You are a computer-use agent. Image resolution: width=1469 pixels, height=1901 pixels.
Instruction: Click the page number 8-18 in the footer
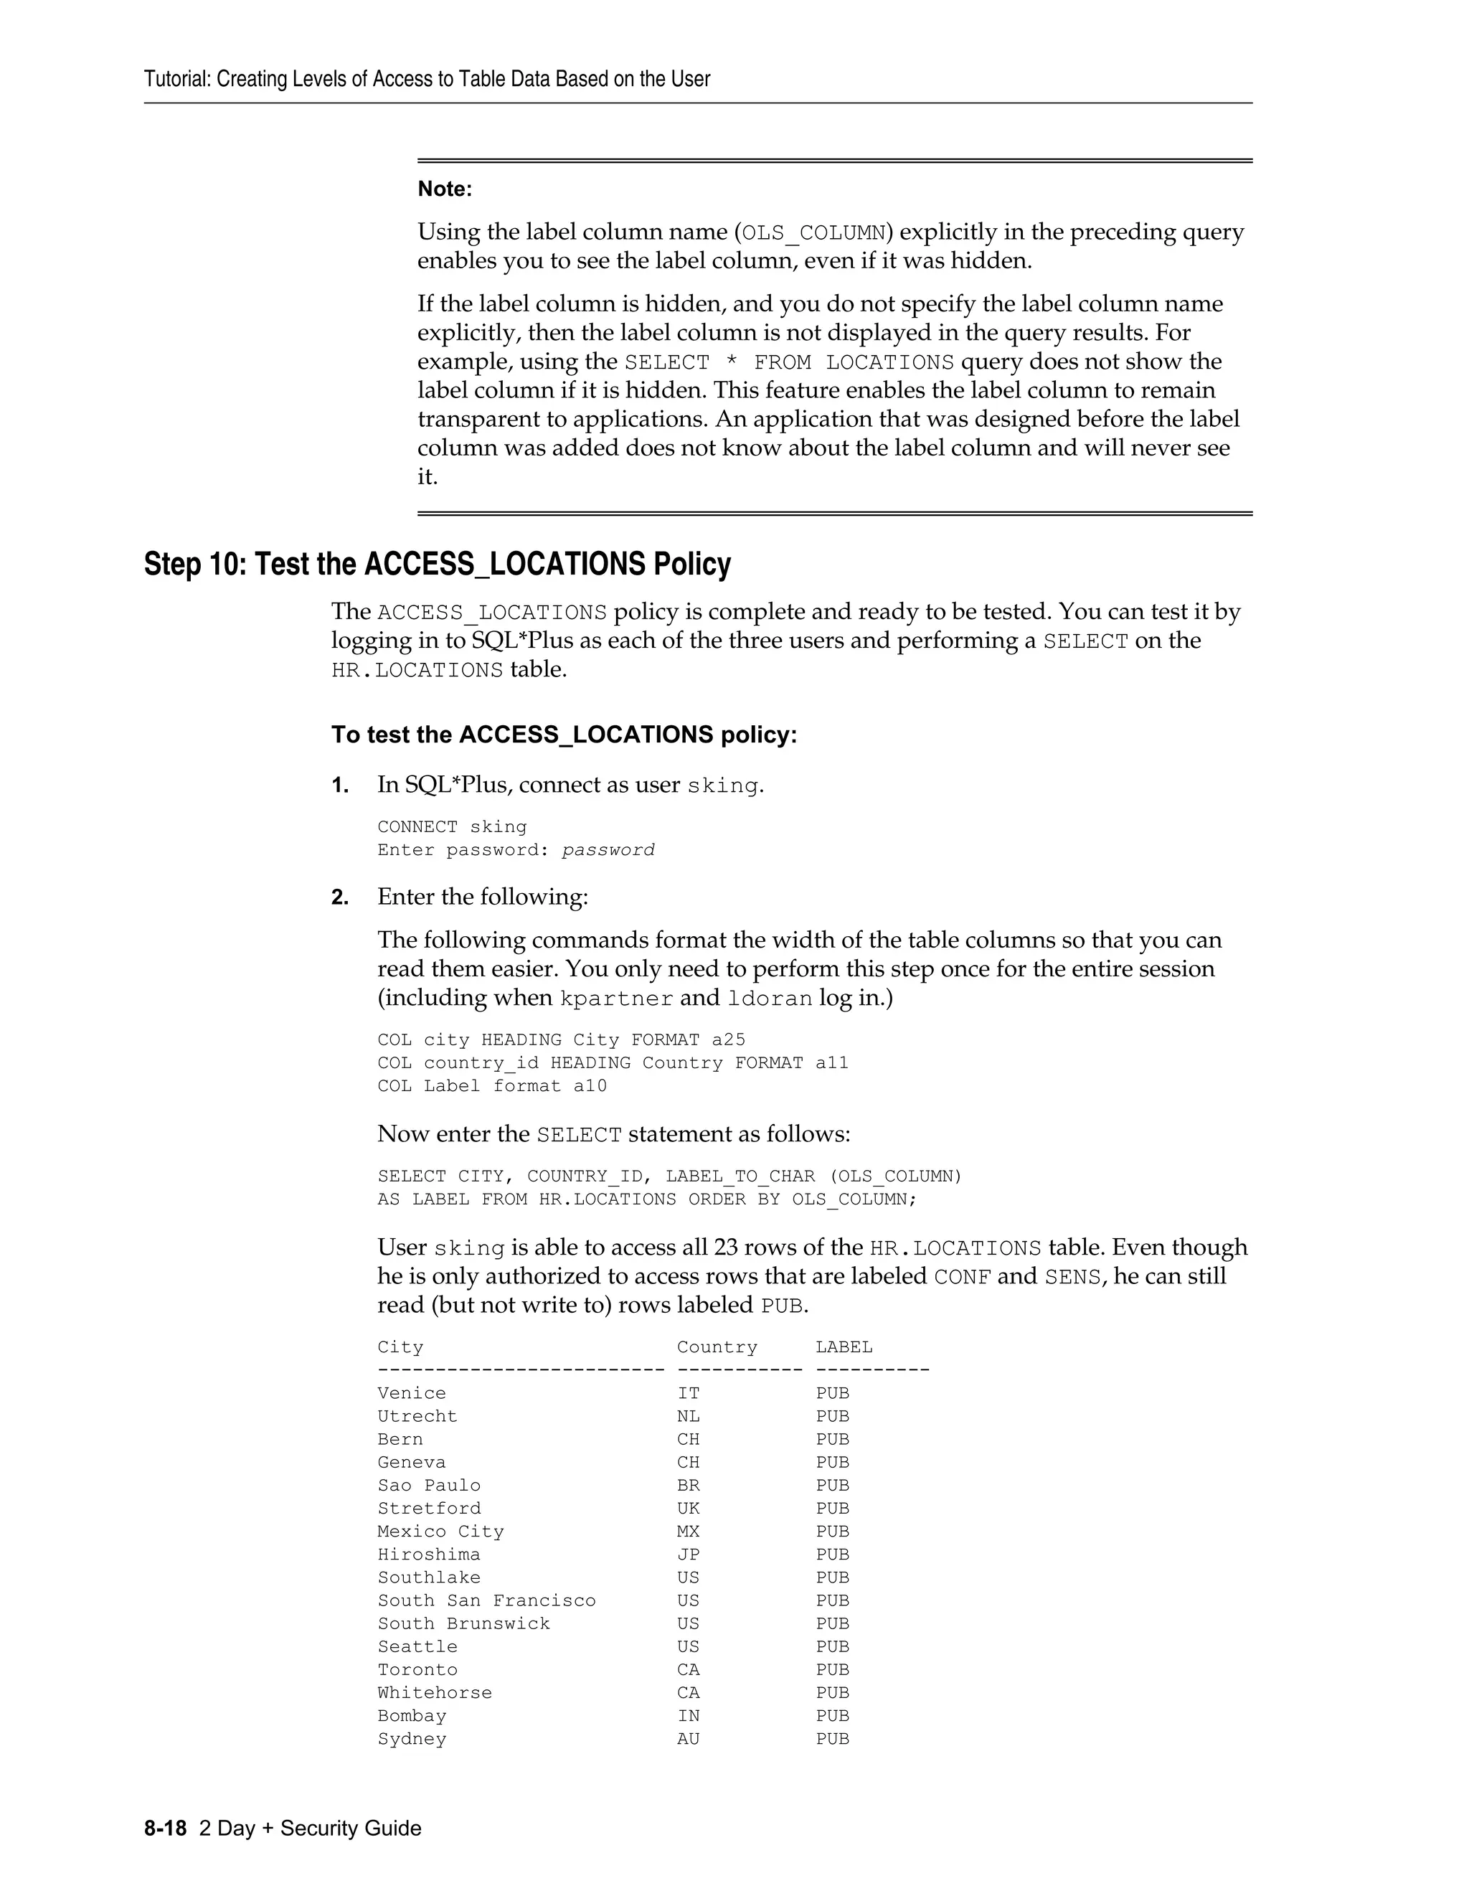pos(166,1828)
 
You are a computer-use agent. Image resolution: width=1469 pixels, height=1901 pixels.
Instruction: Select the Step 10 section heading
pos(437,564)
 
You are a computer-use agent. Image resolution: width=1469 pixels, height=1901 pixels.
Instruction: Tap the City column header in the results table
pos(400,1346)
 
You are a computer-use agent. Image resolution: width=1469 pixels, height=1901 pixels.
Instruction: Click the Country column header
pos(717,1346)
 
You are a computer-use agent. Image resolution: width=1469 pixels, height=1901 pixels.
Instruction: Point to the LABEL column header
pos(844,1346)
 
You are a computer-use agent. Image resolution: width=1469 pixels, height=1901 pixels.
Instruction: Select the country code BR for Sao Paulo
pos(689,1485)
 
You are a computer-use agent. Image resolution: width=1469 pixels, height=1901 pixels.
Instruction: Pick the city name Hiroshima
pos(429,1554)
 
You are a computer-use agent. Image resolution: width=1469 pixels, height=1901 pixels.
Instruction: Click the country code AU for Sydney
pos(689,1738)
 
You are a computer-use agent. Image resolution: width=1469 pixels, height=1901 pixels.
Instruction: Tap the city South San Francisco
pos(486,1600)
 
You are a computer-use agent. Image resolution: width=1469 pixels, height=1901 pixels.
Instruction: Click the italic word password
pos(608,849)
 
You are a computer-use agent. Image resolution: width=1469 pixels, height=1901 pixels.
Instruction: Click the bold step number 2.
pos(339,897)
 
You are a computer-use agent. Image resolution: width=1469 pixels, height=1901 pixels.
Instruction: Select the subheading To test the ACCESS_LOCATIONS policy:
pos(564,735)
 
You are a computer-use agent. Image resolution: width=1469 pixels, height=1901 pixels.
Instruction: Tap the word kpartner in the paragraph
pos(615,998)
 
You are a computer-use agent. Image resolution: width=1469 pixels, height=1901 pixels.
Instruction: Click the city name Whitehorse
pos(434,1692)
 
